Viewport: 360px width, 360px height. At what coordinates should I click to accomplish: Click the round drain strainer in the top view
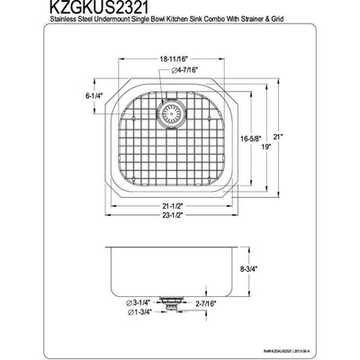click(x=168, y=114)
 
